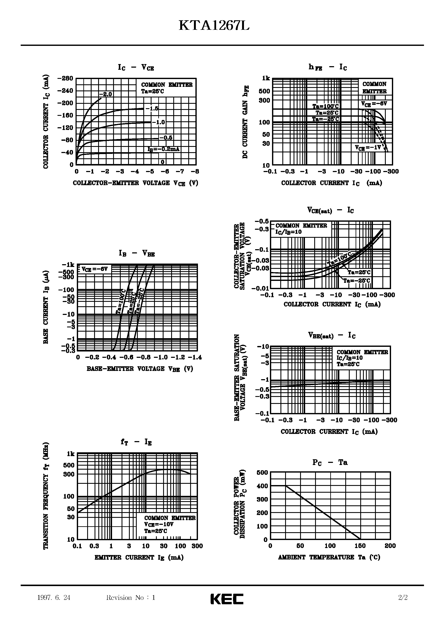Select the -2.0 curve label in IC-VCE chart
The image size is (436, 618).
click(x=105, y=94)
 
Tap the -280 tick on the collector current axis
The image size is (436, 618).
click(x=65, y=78)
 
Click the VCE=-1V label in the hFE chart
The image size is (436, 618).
click(x=368, y=148)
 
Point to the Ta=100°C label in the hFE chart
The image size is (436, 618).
click(x=325, y=106)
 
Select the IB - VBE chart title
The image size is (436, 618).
click(x=137, y=253)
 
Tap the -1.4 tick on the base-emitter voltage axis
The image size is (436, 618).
click(x=195, y=357)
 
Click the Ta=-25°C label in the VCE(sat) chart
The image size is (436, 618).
click(x=357, y=281)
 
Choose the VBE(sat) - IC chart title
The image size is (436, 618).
click(x=332, y=336)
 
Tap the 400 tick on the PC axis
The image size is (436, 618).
click(x=262, y=486)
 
